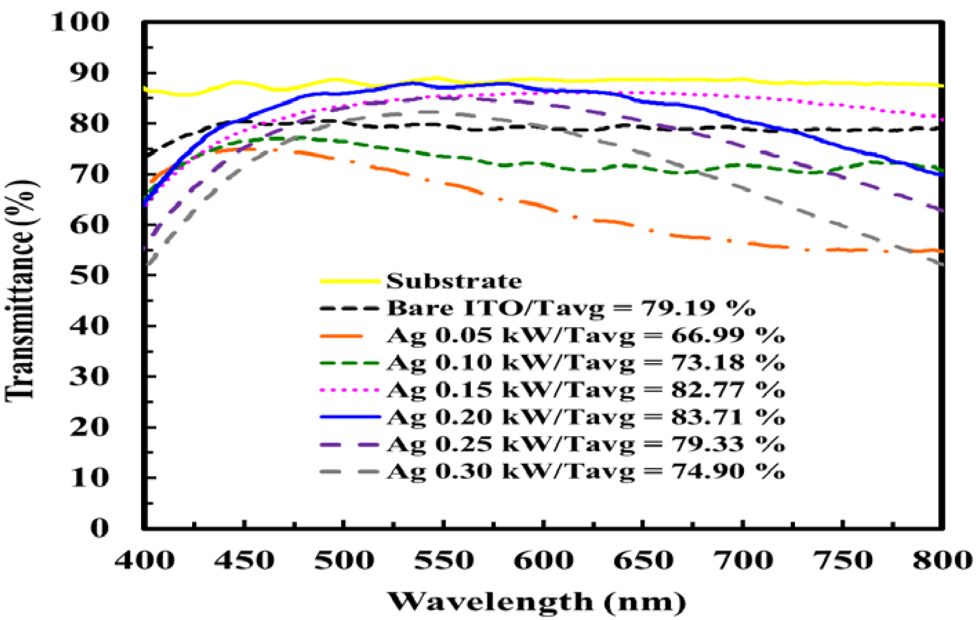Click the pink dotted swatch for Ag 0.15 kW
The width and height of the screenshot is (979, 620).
click(x=350, y=390)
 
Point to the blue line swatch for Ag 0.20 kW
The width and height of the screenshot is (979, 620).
click(x=350, y=417)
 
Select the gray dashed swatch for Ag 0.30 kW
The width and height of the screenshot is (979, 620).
click(x=350, y=471)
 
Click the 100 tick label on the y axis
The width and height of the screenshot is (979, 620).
click(x=80, y=22)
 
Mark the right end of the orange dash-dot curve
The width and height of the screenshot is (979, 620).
click(x=941, y=251)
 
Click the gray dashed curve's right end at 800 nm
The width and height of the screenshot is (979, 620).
click(x=941, y=265)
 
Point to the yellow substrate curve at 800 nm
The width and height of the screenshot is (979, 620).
click(x=941, y=86)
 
